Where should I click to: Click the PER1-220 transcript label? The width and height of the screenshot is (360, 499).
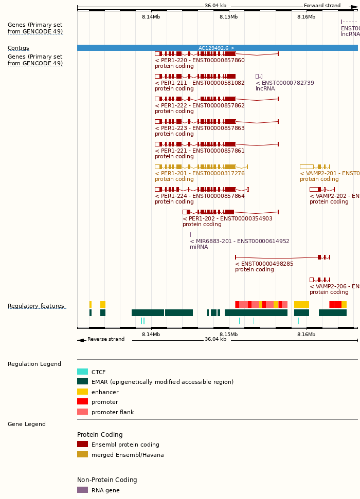click(200, 60)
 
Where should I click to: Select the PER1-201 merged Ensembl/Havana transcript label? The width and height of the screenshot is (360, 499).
click(200, 173)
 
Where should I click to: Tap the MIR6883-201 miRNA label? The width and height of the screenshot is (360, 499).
click(239, 241)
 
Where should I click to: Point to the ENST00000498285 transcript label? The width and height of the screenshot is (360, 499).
click(264, 264)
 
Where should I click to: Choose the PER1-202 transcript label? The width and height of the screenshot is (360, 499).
click(227, 218)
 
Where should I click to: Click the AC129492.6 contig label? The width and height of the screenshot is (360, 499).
click(217, 48)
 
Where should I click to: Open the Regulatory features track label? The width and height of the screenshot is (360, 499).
click(36, 306)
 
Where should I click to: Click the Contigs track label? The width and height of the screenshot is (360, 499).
click(19, 48)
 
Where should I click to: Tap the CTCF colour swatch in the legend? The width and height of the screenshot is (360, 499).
click(82, 372)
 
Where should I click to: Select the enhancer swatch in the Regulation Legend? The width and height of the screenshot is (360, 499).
click(82, 392)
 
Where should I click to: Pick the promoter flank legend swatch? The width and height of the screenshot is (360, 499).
click(82, 412)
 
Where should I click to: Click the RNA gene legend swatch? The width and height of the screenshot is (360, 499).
click(82, 490)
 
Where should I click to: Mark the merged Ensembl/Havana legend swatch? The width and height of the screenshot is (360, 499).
click(82, 454)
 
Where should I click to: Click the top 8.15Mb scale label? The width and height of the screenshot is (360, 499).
click(229, 16)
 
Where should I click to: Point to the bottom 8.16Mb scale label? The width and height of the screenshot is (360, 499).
click(307, 334)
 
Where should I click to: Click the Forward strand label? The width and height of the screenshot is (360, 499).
click(322, 6)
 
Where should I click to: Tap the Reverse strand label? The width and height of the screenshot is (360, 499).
click(105, 339)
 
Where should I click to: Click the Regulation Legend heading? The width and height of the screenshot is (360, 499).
click(34, 364)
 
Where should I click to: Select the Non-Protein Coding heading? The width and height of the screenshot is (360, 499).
click(107, 480)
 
